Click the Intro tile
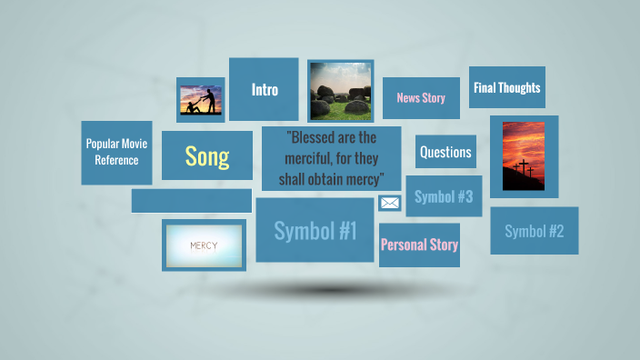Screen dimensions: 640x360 point(264,89)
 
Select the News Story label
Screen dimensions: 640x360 point(421,98)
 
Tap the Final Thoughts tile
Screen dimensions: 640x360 point(507,87)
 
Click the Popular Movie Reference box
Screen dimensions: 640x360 point(116,153)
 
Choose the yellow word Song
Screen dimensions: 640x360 point(207,156)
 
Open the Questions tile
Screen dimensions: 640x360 point(445,152)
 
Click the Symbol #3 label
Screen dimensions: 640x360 point(444,196)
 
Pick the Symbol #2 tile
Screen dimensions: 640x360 point(535,231)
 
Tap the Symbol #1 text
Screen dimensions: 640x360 point(315,231)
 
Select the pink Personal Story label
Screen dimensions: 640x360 point(419,245)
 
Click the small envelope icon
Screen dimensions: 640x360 point(390,203)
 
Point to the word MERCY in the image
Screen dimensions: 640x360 point(204,245)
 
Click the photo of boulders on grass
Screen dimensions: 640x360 point(341,92)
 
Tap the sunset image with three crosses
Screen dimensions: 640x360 point(524,156)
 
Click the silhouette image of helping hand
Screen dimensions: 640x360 point(201,100)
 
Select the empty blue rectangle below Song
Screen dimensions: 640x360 point(192,200)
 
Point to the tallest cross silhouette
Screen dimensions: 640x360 point(524,167)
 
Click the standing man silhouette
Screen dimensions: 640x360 point(210,101)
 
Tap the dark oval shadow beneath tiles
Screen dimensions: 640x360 point(332,290)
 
